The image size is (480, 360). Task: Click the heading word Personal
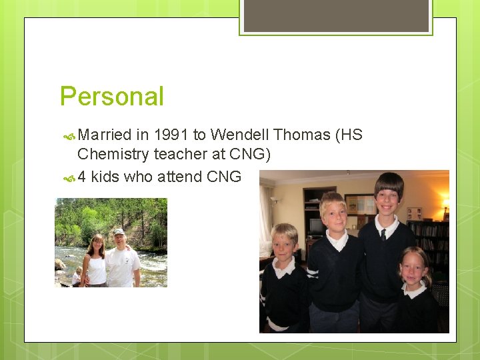(111, 97)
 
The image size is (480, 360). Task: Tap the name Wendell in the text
(239, 135)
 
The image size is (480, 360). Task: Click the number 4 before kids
(81, 177)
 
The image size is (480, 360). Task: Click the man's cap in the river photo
(119, 232)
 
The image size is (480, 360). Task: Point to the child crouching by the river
(77, 275)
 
